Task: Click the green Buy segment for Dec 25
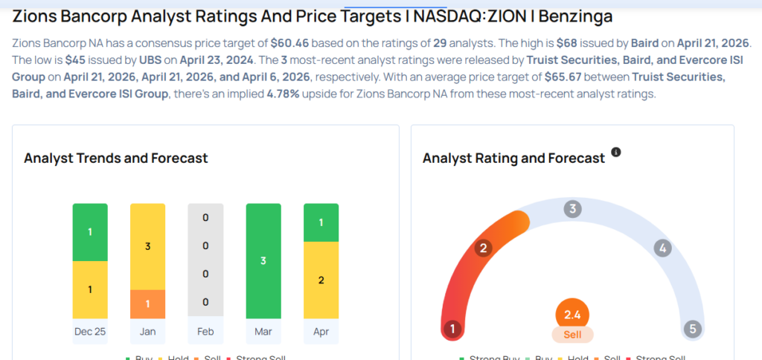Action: (x=90, y=232)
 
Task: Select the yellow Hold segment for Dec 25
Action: (x=90, y=289)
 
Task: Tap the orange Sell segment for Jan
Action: (x=147, y=303)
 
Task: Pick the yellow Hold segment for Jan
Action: (x=147, y=246)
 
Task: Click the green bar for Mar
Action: (x=263, y=260)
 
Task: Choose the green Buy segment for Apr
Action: (x=321, y=222)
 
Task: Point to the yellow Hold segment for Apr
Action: (x=321, y=280)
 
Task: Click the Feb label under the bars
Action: (x=205, y=331)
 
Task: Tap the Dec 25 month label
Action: (x=90, y=331)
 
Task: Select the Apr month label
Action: (x=321, y=331)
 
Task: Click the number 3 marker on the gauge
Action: (x=572, y=209)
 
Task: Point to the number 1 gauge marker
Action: (x=452, y=329)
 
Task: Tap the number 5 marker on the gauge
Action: (x=692, y=329)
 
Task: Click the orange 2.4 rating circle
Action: (x=572, y=315)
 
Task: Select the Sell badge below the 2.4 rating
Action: (x=572, y=335)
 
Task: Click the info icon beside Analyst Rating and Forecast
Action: (x=615, y=152)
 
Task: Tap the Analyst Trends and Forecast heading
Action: (x=115, y=158)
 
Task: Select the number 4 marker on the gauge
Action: (x=662, y=248)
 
